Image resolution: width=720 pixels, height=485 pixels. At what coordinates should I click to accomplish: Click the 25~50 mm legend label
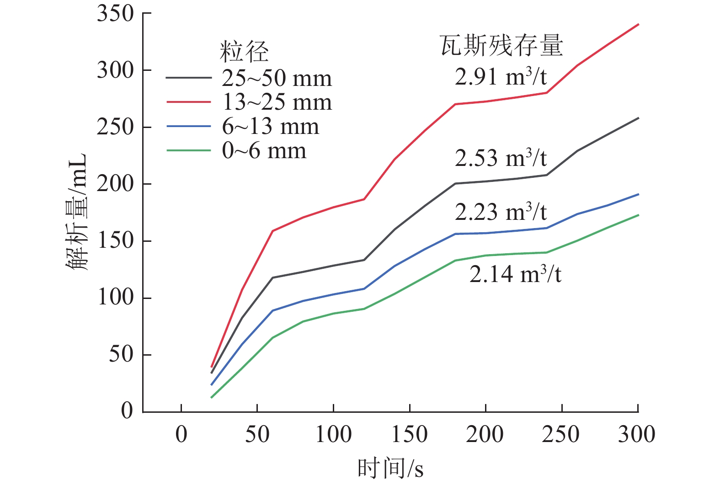[277, 79]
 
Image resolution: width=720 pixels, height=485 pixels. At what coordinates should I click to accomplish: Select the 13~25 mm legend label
[277, 102]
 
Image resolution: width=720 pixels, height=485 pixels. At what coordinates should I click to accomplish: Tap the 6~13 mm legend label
[270, 127]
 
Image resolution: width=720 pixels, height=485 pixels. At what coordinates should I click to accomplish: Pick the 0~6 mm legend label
[264, 151]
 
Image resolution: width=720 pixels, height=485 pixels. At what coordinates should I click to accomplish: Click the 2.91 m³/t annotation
[501, 76]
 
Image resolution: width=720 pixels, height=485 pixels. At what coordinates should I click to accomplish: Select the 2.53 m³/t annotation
[501, 158]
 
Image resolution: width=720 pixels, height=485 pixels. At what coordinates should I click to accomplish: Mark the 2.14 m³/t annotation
[515, 274]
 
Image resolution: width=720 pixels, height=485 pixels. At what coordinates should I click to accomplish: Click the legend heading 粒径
[244, 51]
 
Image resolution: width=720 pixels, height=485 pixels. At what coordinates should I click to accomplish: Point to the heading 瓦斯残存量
[501, 46]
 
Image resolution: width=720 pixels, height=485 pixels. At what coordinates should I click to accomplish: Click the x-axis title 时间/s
[390, 469]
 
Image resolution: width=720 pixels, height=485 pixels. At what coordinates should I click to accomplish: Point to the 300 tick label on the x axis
[637, 434]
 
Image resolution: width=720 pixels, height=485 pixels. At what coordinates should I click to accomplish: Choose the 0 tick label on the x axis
[181, 434]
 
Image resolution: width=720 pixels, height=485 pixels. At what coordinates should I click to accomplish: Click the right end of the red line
[638, 24]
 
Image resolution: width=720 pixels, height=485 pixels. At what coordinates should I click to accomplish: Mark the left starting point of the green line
[212, 397]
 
